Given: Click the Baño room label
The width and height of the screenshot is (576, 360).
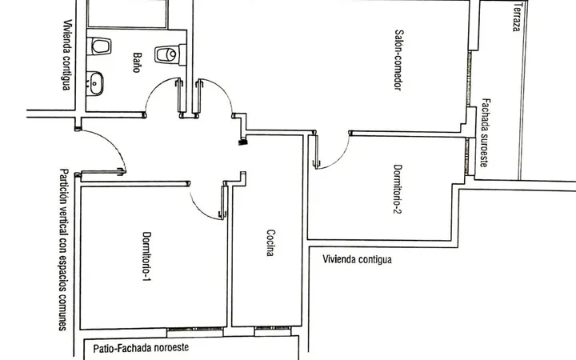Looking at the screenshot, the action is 137,62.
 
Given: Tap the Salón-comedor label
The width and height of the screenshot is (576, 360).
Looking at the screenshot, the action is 398,60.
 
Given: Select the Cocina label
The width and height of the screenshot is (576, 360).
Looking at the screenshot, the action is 270,242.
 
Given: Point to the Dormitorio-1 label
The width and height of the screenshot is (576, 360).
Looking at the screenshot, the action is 146,256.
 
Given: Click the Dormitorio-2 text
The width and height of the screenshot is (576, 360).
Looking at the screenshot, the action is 398,189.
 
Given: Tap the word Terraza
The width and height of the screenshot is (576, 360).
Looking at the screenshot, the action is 517,17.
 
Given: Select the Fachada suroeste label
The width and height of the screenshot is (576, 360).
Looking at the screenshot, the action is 486,133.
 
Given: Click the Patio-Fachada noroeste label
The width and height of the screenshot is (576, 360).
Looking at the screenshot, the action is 141,347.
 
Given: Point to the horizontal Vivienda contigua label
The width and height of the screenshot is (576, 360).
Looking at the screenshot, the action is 357,259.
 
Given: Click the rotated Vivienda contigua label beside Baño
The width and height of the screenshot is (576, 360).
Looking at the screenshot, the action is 66,54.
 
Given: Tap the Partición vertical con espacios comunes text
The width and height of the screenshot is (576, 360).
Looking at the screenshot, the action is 63,250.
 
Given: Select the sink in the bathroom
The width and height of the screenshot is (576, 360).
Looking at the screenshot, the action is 95,83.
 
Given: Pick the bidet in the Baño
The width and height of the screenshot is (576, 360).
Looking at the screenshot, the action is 99,46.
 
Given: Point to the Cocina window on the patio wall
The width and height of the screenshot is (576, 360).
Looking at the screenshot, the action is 273,331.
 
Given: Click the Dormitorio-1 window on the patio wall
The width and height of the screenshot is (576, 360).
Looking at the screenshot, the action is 195,332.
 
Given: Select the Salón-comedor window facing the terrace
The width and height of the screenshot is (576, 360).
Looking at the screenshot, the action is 469,79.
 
